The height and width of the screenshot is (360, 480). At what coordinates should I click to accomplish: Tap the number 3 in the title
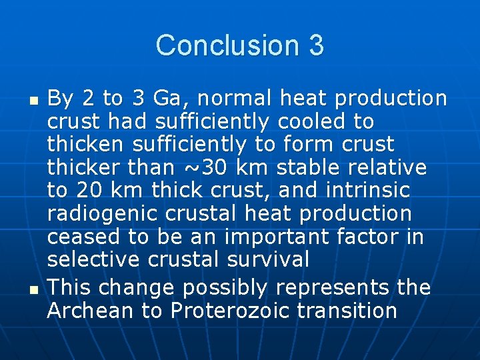pos(317,45)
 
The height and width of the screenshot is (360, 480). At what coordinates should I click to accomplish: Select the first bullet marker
pos(35,99)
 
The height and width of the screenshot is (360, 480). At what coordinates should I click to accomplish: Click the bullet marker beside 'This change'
pos(35,289)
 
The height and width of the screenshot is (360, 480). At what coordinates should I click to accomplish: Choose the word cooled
pos(316,121)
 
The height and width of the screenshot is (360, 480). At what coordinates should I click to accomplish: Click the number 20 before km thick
pos(91,190)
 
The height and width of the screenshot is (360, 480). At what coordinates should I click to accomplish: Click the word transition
pos(351,311)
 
